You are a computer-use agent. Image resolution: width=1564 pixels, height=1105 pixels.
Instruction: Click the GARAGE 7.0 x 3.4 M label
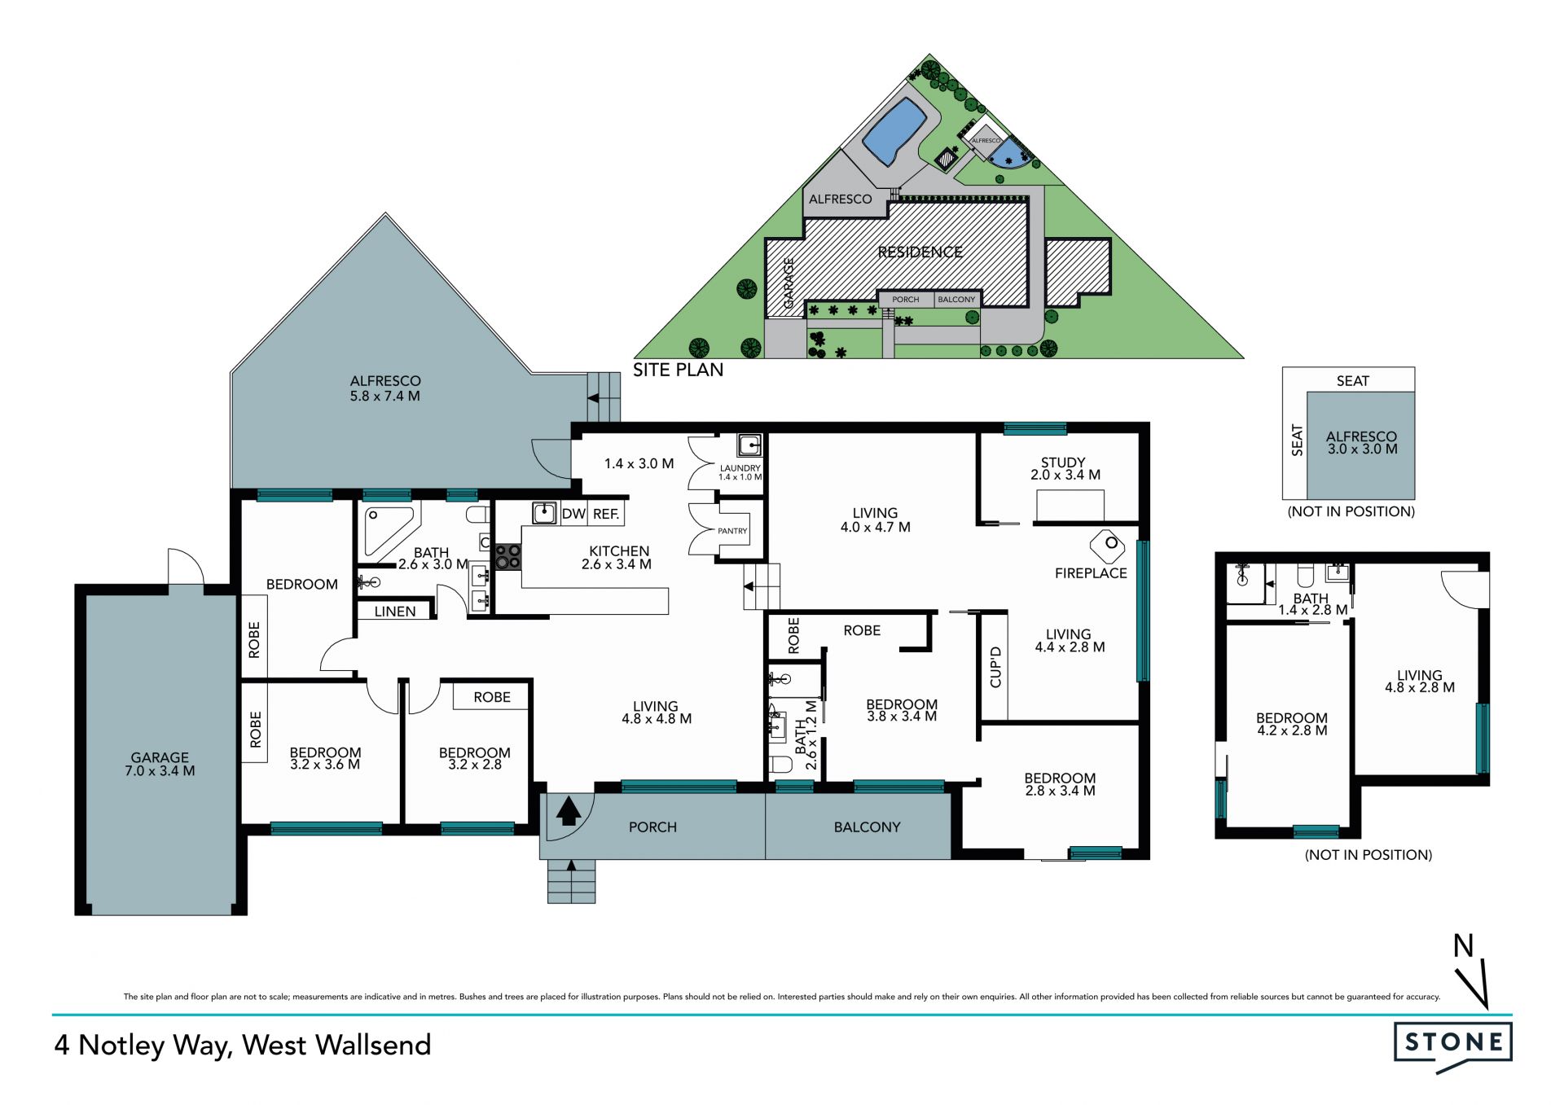[x=160, y=764]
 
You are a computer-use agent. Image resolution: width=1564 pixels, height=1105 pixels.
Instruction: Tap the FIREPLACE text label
[x=1091, y=573]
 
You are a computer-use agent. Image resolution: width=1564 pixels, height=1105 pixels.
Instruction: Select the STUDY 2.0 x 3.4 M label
[x=1065, y=468]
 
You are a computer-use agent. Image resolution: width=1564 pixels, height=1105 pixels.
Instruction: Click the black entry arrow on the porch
[x=569, y=812]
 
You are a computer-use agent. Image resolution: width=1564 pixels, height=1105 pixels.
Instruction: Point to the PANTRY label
[x=732, y=531]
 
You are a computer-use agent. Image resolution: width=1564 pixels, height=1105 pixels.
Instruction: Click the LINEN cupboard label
[x=395, y=612]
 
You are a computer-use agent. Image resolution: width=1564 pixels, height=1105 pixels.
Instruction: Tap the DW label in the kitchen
[x=573, y=514]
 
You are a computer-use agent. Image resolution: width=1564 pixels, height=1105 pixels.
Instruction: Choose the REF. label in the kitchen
[x=606, y=514]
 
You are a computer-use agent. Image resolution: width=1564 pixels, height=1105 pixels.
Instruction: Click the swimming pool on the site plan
[x=894, y=132]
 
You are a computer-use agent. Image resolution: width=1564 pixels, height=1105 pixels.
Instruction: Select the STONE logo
[x=1453, y=1046]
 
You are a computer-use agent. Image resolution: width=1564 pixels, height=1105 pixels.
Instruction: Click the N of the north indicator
[x=1464, y=945]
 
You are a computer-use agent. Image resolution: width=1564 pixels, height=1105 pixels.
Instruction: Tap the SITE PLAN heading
[x=678, y=370]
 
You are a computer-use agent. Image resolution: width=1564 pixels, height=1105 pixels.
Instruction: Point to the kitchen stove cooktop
[x=508, y=557]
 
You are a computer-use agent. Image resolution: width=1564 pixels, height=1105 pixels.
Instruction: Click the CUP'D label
[x=995, y=667]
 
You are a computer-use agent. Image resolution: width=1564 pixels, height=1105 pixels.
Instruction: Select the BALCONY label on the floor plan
[x=867, y=827]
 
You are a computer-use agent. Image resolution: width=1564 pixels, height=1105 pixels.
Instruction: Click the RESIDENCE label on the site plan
[x=920, y=252]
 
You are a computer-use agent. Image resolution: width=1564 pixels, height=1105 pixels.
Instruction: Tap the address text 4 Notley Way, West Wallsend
[x=243, y=1046]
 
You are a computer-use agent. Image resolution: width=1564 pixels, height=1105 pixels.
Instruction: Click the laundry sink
[x=749, y=445]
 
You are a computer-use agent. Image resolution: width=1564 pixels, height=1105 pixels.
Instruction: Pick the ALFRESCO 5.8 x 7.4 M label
[x=385, y=388]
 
